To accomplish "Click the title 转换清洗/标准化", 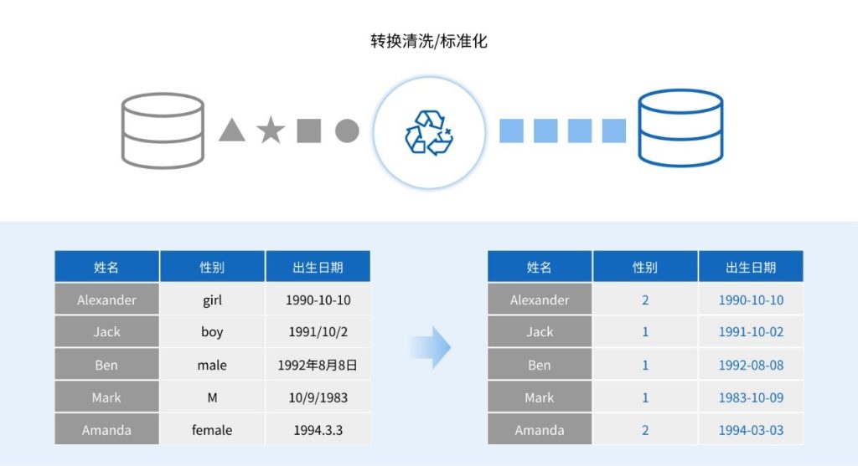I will tap(428, 41).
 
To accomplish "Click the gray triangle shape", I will tap(232, 131).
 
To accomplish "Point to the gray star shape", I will tap(271, 131).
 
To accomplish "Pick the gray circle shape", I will tap(347, 131).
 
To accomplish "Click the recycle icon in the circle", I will tap(428, 132).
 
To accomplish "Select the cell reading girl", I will tap(212, 300).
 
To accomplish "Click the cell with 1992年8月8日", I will tap(318, 366).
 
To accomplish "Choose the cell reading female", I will tap(212, 430).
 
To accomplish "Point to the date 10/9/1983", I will tap(318, 398).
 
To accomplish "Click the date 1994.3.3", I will tap(318, 430).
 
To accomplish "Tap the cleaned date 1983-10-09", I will tap(751, 398).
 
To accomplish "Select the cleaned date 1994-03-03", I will tap(751, 430).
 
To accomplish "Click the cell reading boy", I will tap(212, 332).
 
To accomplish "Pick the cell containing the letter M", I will tap(212, 398).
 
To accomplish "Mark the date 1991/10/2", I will tap(318, 332).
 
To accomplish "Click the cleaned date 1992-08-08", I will tap(751, 366).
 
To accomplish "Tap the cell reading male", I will tap(212, 366).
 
